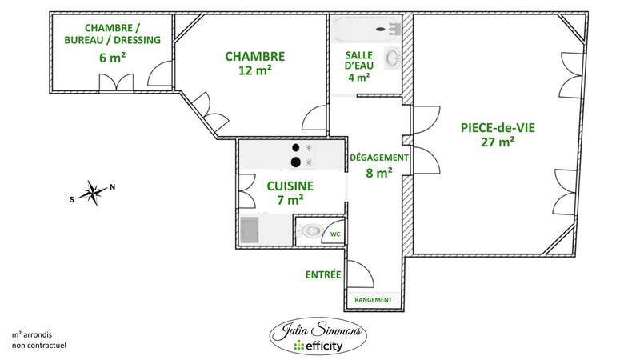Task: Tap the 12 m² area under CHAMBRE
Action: coord(254,70)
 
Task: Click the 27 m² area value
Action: coord(498,142)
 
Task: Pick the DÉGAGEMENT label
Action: coord(379,158)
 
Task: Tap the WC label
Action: coord(336,234)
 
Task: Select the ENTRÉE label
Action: coord(323,274)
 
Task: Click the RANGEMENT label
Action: coord(374,300)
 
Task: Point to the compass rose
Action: coord(93,191)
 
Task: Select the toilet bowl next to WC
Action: coord(308,232)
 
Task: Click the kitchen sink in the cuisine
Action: coord(250,230)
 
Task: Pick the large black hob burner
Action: coord(295,162)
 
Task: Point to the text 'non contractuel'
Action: coord(38,346)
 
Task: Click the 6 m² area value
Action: coord(112,57)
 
